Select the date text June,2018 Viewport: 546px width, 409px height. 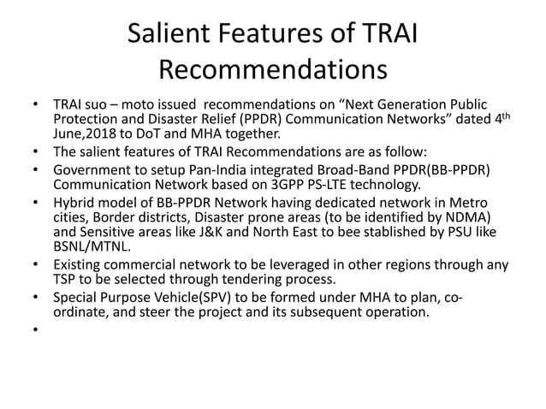80,133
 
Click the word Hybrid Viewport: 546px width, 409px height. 74,203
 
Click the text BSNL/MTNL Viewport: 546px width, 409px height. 93,246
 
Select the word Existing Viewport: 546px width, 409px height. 80,264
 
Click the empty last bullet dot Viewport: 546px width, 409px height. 34,330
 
